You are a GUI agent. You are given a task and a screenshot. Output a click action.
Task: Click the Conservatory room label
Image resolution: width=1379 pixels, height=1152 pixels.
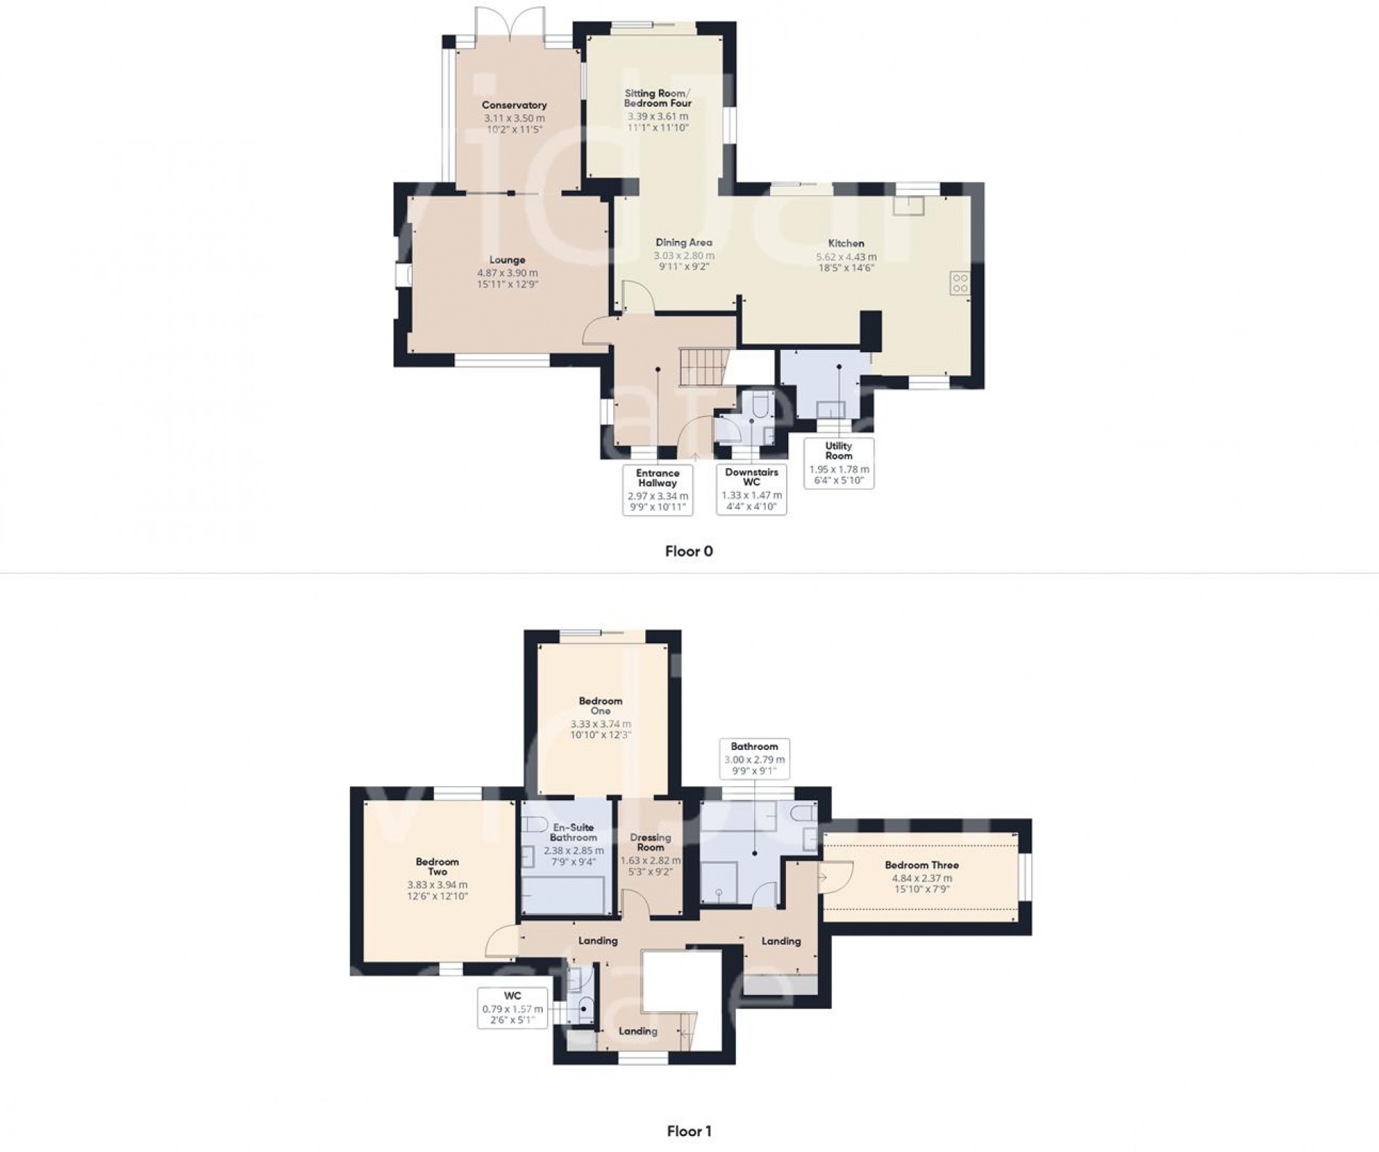(x=514, y=105)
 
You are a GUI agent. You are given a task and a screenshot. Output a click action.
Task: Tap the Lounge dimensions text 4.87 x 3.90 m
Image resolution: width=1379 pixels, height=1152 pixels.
(x=507, y=273)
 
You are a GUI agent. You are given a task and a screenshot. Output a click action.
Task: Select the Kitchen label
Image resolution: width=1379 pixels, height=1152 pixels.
(x=846, y=243)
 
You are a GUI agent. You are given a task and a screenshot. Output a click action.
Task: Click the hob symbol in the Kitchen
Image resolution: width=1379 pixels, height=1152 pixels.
(x=959, y=282)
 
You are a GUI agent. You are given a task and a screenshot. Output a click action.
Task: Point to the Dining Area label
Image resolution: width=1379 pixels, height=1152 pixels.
(x=684, y=242)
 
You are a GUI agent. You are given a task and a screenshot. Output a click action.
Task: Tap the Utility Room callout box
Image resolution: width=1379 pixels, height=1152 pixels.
(x=838, y=463)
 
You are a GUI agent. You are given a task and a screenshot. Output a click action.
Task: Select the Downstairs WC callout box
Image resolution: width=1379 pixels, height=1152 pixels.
(x=751, y=490)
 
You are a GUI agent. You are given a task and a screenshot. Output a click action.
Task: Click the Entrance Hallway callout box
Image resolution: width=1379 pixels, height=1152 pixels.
(x=658, y=490)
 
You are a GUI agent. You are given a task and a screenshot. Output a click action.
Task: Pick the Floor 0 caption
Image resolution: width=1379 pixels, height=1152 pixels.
(x=689, y=551)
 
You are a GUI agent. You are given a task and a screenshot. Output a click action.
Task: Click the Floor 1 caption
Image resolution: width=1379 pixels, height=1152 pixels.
(x=689, y=1131)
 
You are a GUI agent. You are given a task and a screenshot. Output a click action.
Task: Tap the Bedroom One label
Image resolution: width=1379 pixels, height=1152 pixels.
(x=600, y=706)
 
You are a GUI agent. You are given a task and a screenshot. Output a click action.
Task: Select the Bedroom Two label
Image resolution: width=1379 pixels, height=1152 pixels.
(x=437, y=867)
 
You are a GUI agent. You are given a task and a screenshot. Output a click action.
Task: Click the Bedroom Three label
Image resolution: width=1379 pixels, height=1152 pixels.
(x=921, y=865)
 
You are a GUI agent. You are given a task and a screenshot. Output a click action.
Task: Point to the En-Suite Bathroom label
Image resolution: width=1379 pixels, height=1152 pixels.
(x=573, y=832)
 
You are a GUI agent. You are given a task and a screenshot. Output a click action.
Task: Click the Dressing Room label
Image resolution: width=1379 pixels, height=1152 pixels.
(x=650, y=842)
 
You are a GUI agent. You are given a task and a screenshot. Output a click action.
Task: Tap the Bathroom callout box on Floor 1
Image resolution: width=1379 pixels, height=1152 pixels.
(x=754, y=759)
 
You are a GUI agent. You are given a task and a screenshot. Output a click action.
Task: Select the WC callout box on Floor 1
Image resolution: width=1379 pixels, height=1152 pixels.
(x=512, y=1008)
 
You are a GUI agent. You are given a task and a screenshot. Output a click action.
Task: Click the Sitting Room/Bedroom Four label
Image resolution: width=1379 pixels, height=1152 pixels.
(x=658, y=98)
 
